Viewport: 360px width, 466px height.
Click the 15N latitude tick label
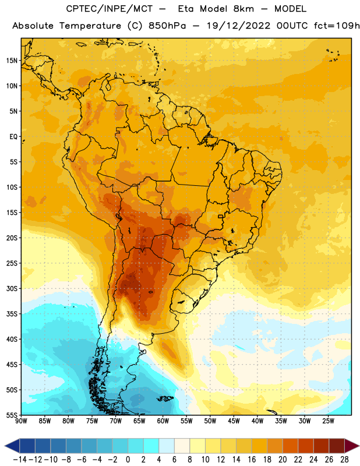(12, 61)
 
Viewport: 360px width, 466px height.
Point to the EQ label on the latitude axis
(13, 137)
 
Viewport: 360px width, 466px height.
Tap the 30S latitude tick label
(12, 288)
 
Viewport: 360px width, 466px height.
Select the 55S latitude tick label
(12, 415)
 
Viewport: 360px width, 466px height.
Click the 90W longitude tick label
(21, 421)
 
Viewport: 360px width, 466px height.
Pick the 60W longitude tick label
(163, 421)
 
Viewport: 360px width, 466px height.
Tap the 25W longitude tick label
(328, 421)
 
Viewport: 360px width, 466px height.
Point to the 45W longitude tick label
(234, 421)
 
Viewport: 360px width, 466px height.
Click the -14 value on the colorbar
(20, 460)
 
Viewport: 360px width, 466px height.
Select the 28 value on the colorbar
(344, 460)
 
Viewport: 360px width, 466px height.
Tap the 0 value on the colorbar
(128, 460)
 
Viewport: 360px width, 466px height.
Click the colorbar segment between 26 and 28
(337, 446)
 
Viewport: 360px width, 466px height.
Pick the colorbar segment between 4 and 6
(167, 446)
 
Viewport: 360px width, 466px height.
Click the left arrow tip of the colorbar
(5, 446)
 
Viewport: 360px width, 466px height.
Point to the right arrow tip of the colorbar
(359, 446)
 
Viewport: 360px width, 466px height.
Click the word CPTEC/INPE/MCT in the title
(109, 9)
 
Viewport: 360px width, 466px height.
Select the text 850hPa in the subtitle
(167, 26)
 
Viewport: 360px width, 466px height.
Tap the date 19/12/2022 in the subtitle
(239, 26)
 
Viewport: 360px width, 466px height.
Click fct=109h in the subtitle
(337, 26)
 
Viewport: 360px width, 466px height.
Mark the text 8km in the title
(243, 9)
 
